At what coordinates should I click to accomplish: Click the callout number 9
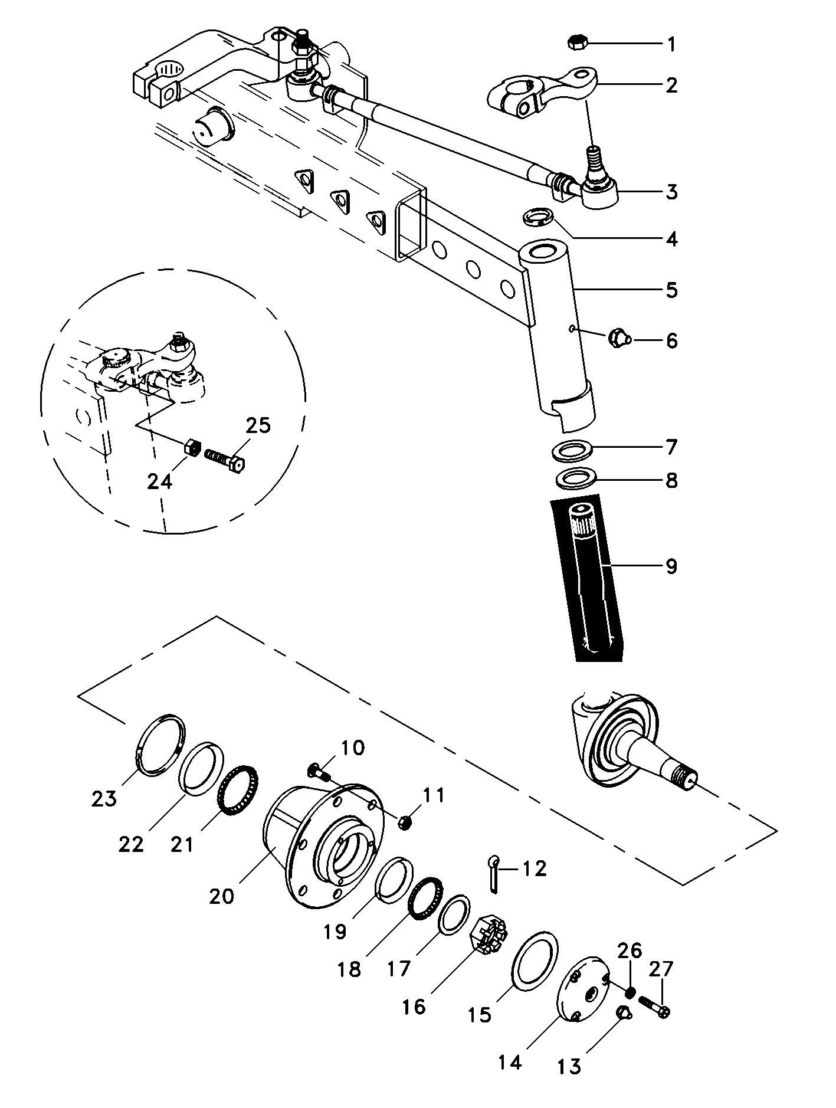tap(671, 566)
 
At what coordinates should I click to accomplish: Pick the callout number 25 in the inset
tap(257, 425)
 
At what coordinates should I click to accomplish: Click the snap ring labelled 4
tap(538, 217)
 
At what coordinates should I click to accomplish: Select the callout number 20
tap(222, 896)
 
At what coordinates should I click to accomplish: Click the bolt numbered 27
tap(654, 1011)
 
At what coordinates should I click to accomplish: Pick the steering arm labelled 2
tap(543, 93)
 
